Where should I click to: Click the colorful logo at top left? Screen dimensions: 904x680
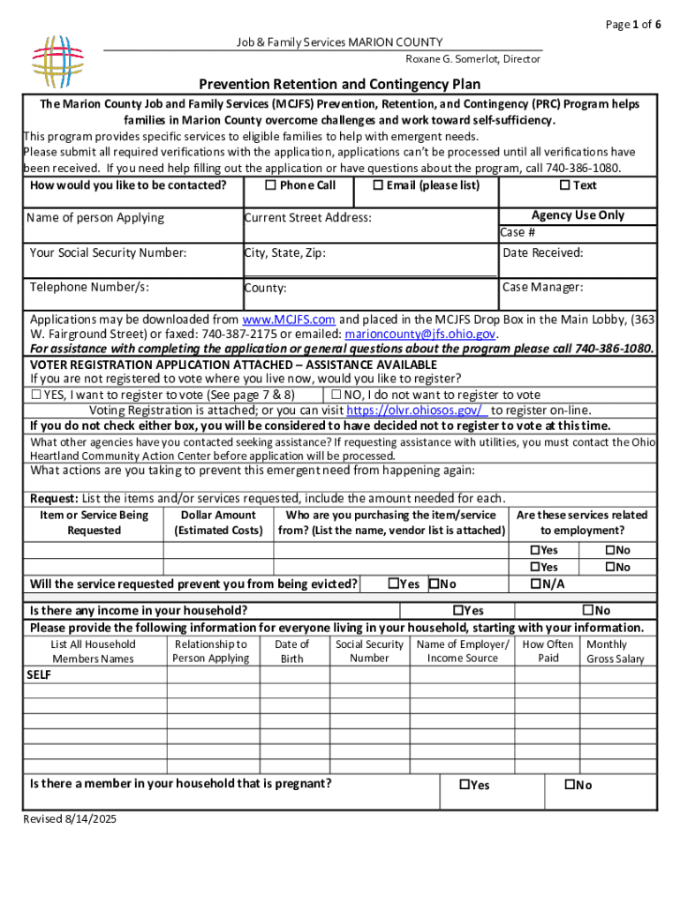coord(57,58)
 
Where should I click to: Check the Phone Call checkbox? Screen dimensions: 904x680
coord(271,185)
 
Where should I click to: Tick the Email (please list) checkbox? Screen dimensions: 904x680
coord(378,185)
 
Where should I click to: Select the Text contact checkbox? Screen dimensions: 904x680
coord(564,185)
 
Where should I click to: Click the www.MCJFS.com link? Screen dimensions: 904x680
coord(288,320)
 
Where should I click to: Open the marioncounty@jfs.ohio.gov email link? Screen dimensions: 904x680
coord(420,335)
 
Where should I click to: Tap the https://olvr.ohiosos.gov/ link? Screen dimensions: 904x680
coord(417,411)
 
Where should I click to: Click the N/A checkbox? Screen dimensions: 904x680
coord(534,584)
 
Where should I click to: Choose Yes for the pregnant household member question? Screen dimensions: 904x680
coord(464,785)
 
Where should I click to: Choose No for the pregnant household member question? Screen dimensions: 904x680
coord(570,785)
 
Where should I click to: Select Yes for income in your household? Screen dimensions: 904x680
coord(457,610)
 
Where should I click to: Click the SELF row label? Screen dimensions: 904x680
coord(40,675)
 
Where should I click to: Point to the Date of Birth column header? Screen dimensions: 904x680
coord(291,652)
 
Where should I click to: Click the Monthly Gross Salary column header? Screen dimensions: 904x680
coord(616,652)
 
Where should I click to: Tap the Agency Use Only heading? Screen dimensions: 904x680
coord(578,215)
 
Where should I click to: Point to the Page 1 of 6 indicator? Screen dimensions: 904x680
coord(633,24)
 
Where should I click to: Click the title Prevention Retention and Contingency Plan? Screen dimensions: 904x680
coord(339,85)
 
